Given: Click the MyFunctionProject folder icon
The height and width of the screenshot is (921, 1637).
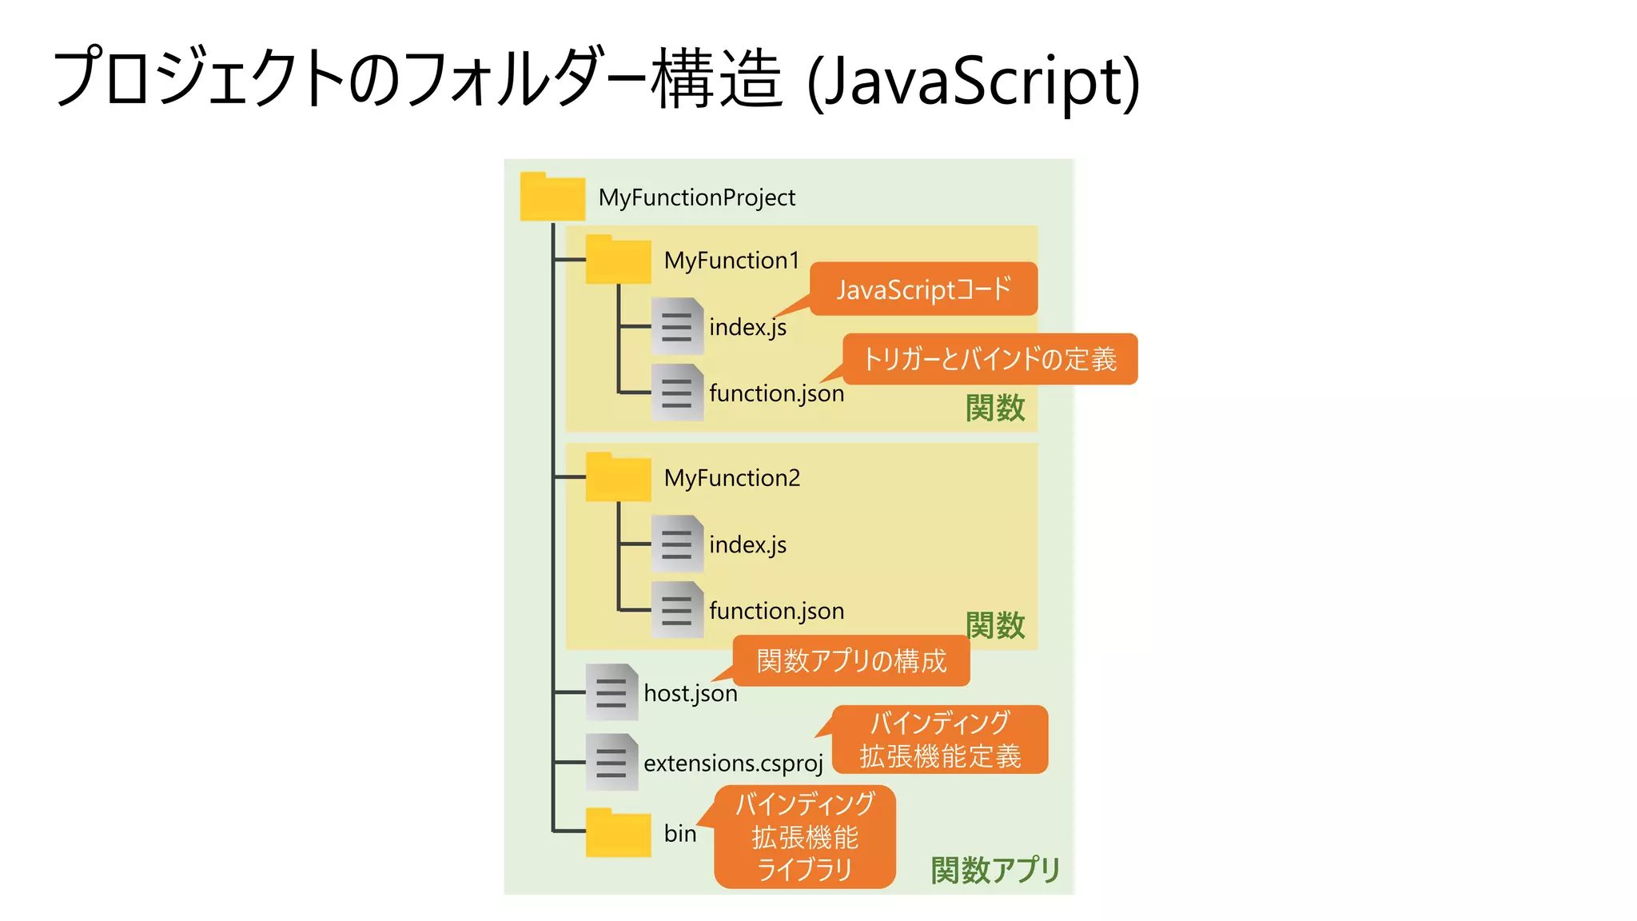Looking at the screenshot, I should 552,197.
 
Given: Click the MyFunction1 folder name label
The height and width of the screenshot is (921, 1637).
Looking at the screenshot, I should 731,261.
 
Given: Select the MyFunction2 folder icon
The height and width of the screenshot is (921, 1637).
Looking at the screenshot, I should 618,478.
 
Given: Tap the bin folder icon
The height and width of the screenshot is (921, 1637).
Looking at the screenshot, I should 618,833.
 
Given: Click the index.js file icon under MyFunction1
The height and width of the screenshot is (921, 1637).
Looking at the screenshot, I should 677,326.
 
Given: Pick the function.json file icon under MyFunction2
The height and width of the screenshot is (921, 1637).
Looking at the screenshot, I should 677,610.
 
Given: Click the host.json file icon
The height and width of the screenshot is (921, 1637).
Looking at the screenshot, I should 611,692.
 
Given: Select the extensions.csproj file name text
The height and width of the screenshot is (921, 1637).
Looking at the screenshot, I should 733,764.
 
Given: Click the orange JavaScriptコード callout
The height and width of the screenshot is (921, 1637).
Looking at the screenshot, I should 923,289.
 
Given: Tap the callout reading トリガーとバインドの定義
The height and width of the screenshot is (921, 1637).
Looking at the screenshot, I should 990,359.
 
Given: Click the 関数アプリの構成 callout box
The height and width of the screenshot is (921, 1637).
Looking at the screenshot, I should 851,661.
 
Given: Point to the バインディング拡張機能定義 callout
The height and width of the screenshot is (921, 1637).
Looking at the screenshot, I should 940,740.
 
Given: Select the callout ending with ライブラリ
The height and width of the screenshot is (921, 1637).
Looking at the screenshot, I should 805,837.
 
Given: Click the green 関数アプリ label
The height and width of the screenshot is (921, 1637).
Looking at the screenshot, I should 995,870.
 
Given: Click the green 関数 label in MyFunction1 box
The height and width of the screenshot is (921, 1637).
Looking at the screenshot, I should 995,409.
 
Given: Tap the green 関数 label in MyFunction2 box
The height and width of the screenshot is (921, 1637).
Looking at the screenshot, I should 995,625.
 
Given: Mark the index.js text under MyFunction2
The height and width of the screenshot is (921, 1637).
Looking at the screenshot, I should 747,545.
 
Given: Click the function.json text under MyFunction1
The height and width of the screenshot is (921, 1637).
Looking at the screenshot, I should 776,393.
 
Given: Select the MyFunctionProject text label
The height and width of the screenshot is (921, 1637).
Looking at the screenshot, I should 696,197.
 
